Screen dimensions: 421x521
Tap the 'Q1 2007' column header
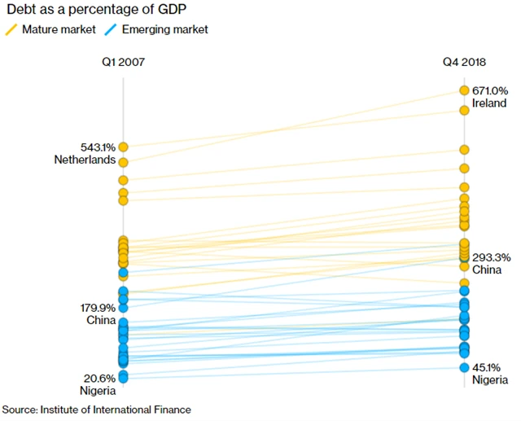coord(124,62)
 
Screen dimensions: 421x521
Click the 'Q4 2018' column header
coord(464,62)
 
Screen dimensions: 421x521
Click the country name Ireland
coord(488,103)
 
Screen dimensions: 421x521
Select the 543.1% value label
coord(98,147)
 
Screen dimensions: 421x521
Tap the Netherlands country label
coord(85,160)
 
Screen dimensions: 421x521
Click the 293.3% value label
coord(491,257)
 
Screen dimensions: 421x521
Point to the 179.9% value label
coord(98,308)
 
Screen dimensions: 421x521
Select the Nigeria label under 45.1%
coord(489,380)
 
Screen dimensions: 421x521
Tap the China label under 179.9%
coord(101,320)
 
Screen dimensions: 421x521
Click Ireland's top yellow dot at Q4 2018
coord(464,90)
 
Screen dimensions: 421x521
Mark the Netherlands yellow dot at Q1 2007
coord(124,147)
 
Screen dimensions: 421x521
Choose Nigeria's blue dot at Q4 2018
coord(464,367)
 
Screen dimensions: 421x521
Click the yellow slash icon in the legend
coord(11,29)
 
